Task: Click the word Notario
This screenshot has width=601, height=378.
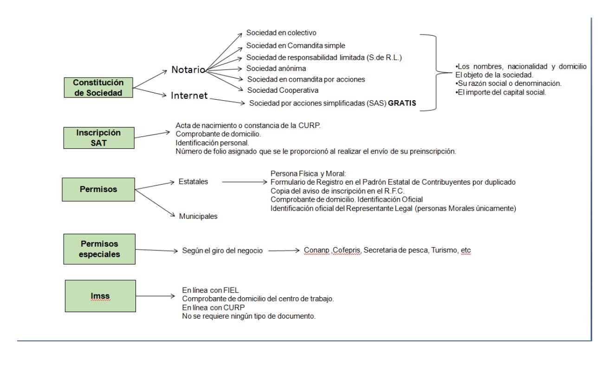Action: point(187,70)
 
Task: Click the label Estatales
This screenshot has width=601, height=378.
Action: point(193,182)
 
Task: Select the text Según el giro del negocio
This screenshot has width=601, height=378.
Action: point(223,251)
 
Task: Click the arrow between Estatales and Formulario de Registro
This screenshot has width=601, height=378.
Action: point(244,182)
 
